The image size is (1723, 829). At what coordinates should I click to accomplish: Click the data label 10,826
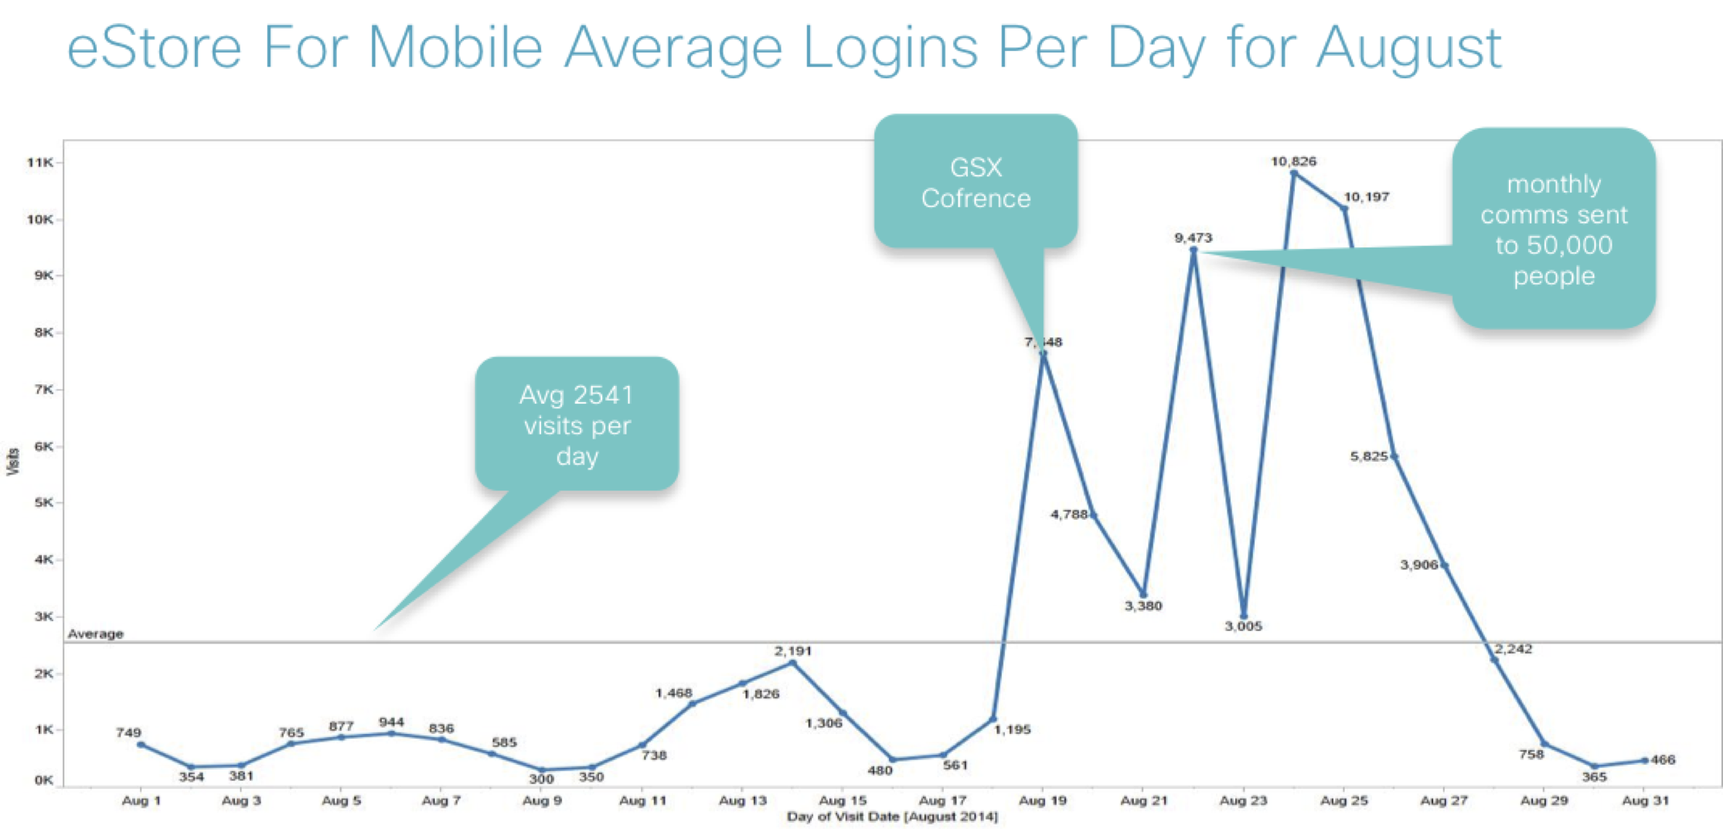point(1293,162)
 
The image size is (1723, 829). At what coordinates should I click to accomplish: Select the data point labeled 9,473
point(1194,251)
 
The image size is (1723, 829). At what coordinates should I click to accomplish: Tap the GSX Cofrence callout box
point(976,183)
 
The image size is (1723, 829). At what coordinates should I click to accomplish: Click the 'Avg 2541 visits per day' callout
point(577,425)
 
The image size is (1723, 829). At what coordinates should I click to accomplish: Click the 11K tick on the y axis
point(39,162)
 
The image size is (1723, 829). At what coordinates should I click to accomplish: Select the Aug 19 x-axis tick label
point(1043,800)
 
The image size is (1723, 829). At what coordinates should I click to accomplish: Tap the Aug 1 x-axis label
point(141,800)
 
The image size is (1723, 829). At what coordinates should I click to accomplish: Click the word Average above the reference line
point(95,633)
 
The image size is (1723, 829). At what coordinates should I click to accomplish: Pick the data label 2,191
point(793,651)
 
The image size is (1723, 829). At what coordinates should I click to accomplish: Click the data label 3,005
point(1243,626)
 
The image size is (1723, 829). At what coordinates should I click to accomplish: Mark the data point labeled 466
point(1644,760)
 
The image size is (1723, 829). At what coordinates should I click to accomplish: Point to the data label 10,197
point(1366,197)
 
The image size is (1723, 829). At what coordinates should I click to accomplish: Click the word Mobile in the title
point(455,48)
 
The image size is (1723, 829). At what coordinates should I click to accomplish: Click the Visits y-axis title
point(13,461)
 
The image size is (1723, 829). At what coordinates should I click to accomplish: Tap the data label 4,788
point(1069,514)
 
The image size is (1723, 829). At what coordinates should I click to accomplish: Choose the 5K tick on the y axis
point(43,503)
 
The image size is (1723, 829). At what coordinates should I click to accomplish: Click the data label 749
point(128,732)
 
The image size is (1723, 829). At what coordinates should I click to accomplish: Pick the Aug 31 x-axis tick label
point(1645,800)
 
